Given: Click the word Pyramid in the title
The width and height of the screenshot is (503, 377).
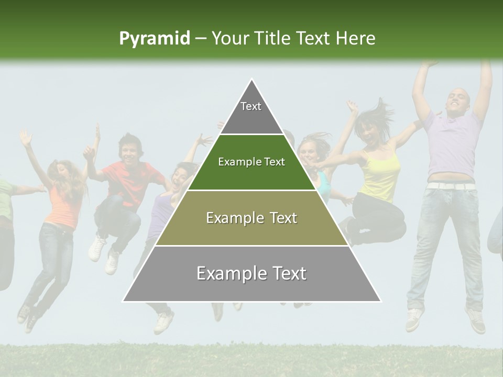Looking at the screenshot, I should click(154, 39).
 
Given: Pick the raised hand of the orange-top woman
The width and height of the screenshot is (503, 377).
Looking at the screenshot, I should click(25, 137).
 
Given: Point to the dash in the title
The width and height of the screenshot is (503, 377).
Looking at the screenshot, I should click(201, 39).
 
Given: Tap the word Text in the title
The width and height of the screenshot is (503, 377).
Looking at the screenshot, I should click(315, 38).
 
